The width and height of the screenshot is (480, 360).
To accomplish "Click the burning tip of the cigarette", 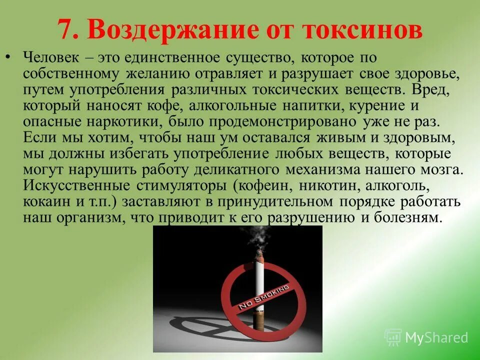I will coord(259,258).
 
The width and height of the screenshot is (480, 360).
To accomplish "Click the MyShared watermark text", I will coord(436,337).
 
